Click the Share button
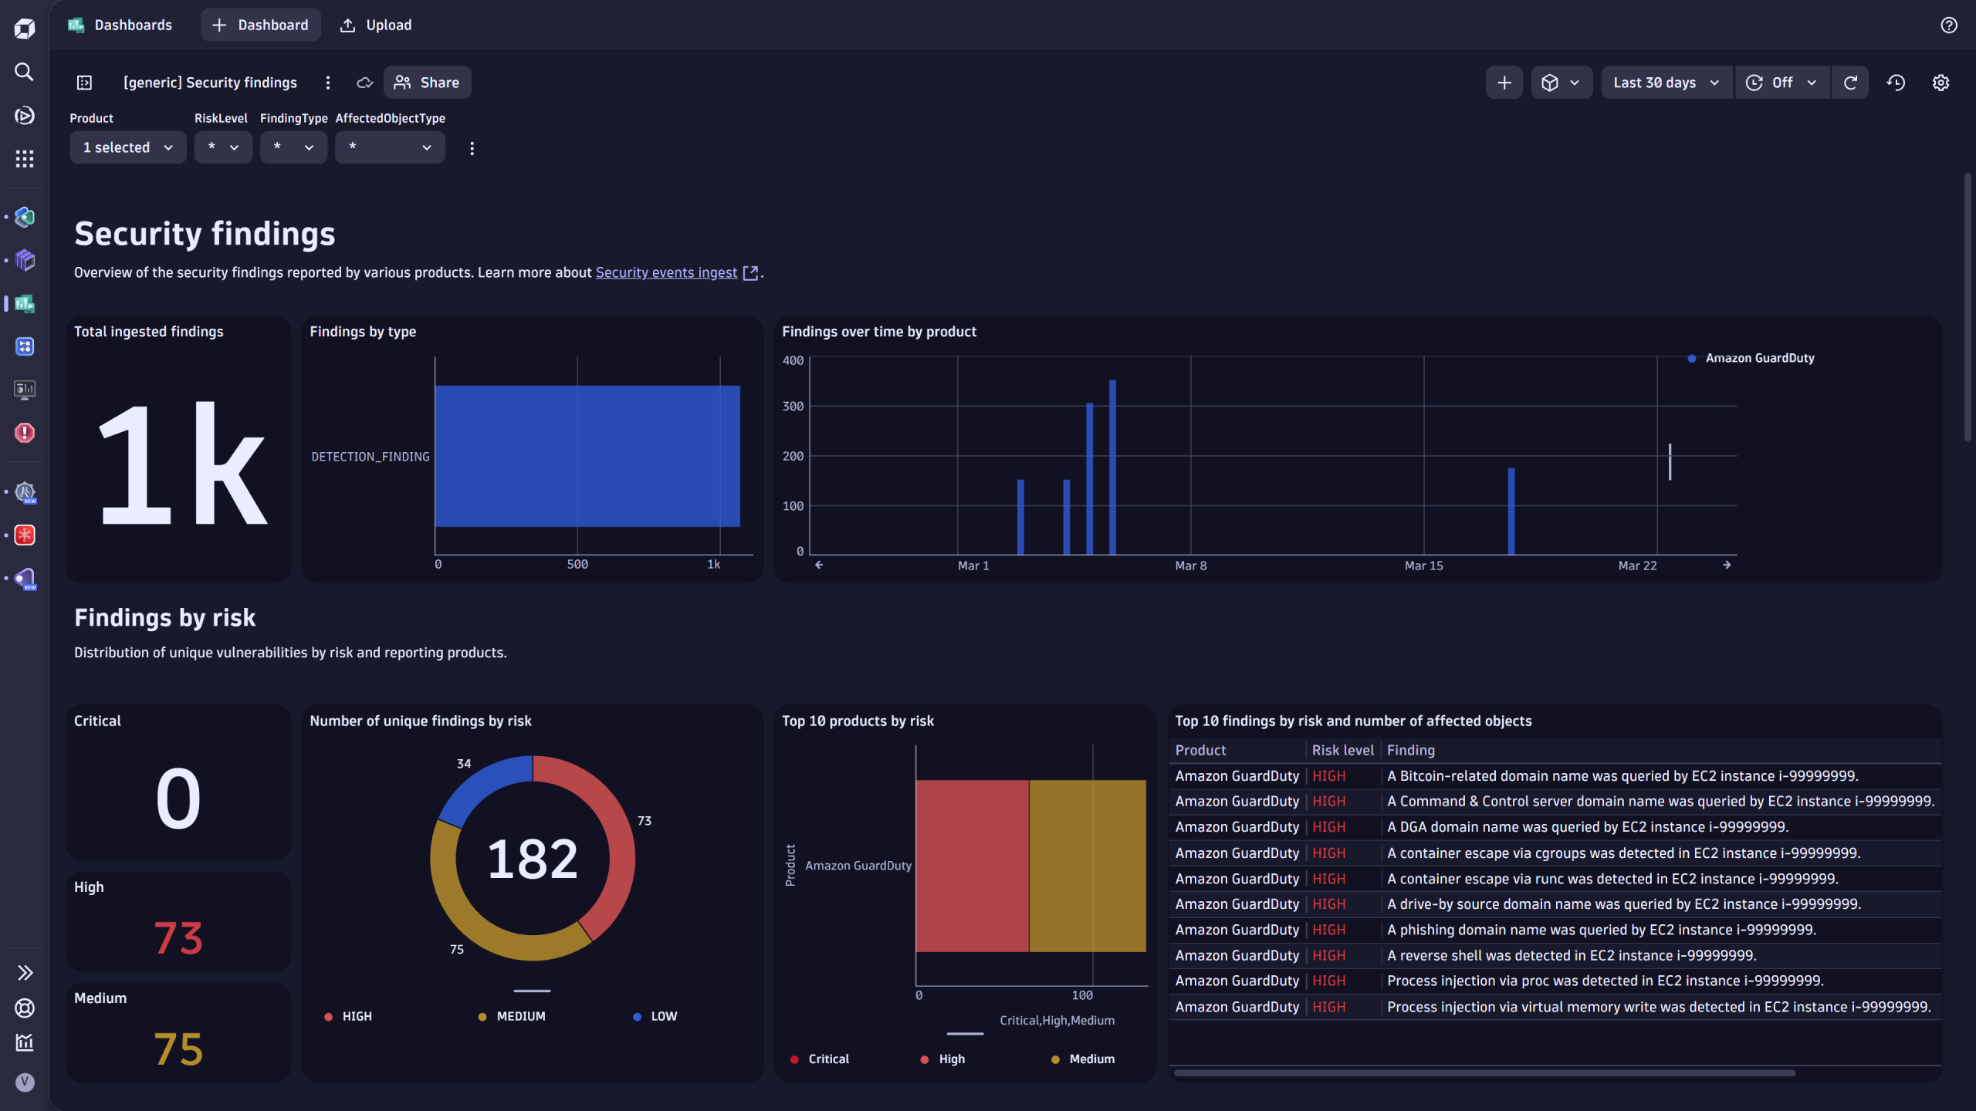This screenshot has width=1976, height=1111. (427, 83)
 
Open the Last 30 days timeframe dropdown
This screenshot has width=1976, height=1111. (1666, 83)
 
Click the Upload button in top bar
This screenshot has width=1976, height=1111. (376, 25)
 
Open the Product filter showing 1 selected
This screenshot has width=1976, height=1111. (127, 147)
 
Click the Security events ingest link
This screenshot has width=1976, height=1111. (666, 272)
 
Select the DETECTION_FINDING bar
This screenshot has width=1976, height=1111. (587, 456)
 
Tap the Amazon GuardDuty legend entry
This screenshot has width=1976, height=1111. (1759, 358)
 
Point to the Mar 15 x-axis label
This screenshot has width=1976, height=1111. (1423, 566)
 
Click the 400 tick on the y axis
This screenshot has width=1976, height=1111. (793, 360)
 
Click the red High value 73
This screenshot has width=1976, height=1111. (178, 938)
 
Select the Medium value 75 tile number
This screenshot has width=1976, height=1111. (178, 1049)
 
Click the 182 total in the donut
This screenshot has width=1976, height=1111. (532, 859)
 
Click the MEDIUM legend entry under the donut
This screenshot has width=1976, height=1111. (520, 1016)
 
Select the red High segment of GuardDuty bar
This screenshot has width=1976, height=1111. (972, 866)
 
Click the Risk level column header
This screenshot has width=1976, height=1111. (1342, 750)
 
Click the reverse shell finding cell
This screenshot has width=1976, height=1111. (1571, 955)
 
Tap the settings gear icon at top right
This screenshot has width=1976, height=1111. (1940, 83)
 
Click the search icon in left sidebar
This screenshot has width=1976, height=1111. (25, 72)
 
